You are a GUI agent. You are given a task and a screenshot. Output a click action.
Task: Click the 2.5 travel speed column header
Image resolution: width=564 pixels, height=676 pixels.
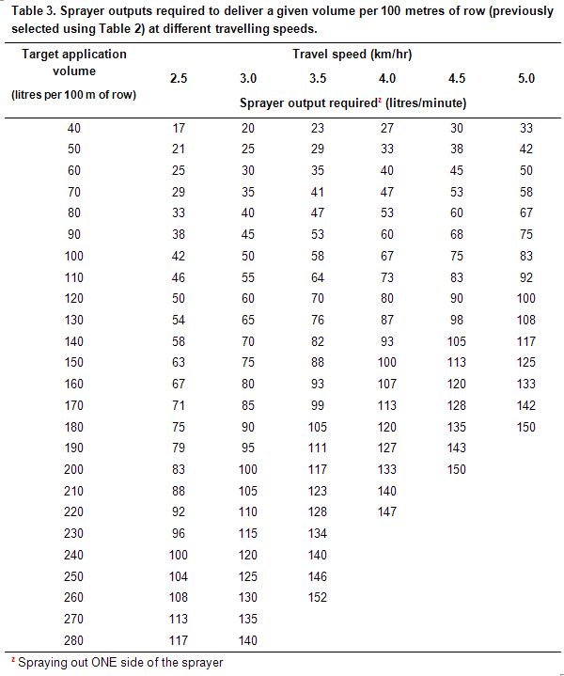point(179,78)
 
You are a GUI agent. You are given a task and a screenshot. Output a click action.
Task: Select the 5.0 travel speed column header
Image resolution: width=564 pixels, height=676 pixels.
point(526,78)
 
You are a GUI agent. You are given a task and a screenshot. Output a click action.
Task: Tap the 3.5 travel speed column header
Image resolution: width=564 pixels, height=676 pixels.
point(318,78)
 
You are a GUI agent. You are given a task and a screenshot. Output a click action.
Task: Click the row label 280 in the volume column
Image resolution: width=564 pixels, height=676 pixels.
point(74,641)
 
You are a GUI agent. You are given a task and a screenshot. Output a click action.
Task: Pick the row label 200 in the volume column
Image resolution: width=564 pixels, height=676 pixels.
point(74,469)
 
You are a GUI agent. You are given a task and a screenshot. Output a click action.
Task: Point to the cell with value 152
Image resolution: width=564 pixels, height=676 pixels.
point(318,598)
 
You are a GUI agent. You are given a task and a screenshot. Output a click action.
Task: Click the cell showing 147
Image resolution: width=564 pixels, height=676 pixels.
point(387,512)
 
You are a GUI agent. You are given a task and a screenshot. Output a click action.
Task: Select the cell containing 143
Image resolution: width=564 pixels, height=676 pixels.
point(457,448)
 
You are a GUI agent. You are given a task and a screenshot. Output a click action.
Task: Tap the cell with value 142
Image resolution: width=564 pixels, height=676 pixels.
point(526,405)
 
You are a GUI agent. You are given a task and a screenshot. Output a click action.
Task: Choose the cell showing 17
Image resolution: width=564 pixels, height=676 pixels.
point(179,128)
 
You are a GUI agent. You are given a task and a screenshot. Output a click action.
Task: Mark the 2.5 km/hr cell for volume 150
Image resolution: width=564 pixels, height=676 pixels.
point(179,363)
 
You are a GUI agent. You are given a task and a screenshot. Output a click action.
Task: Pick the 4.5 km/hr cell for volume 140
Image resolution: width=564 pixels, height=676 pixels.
point(457,341)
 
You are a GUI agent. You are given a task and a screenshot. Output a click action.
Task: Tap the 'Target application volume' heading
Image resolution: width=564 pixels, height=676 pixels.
point(74,62)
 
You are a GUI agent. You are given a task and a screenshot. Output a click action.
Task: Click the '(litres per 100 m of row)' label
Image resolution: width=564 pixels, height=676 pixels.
point(74,95)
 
